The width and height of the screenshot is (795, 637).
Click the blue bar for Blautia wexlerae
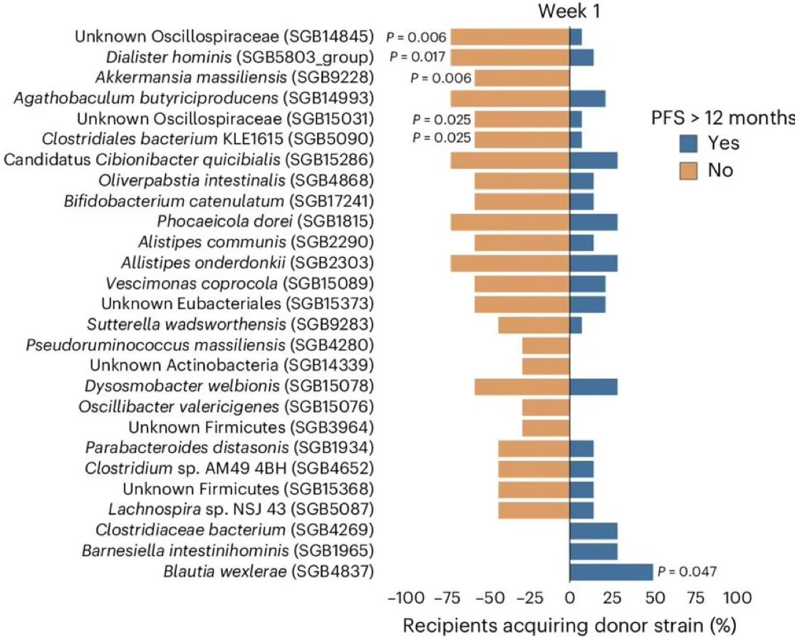610,571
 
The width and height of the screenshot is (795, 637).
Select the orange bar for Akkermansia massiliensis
521,78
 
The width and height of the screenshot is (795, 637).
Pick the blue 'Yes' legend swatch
687,143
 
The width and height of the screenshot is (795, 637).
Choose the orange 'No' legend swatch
687,170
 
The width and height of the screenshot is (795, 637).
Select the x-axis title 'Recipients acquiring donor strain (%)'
569,625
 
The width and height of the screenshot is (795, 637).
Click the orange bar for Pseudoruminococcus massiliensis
546,346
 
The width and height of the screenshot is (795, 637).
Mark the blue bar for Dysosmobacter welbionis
593,387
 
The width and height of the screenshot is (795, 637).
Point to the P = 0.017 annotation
418,57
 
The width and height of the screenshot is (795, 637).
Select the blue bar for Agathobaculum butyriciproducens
587,98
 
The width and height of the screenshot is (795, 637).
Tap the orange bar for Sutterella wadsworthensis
534,325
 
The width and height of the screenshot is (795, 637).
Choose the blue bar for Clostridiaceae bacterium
593,530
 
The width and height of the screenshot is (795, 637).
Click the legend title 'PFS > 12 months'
715,117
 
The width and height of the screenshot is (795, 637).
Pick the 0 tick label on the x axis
569,597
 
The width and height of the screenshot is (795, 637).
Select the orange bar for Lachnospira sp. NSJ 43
534,509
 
